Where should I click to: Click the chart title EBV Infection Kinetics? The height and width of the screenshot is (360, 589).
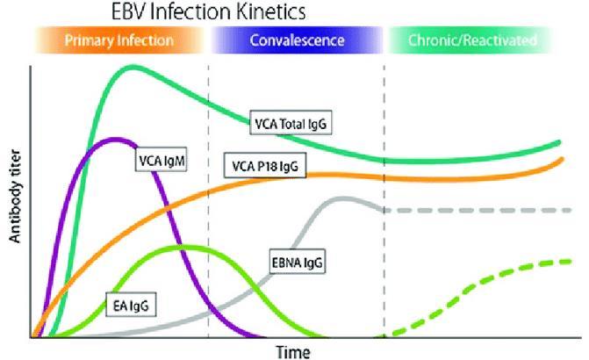[x=209, y=11]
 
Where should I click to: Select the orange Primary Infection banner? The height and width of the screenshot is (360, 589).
[x=119, y=40]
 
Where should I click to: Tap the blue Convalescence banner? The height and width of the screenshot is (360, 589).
[x=297, y=40]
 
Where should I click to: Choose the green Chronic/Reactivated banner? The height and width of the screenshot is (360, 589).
[x=472, y=40]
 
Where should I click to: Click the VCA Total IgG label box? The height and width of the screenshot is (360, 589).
[x=291, y=123]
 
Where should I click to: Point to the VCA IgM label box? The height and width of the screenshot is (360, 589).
[x=162, y=161]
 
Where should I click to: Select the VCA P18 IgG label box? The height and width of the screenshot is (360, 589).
[x=265, y=165]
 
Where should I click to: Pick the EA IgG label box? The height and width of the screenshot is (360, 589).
[x=131, y=305]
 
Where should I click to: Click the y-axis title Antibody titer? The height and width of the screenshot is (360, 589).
[x=15, y=196]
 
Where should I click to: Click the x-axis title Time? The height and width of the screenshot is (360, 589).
[x=293, y=352]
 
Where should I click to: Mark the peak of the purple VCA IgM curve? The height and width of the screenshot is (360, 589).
[x=116, y=140]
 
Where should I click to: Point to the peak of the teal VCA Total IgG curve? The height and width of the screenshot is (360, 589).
[x=133, y=68]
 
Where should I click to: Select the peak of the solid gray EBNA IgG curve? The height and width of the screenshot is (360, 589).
[x=341, y=198]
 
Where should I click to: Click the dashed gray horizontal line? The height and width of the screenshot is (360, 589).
[x=477, y=210]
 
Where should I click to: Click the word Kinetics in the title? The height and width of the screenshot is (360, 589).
[x=271, y=11]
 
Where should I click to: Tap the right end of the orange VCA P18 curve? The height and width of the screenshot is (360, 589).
[x=562, y=159]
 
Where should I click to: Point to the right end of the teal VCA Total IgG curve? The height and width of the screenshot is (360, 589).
[x=558, y=143]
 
